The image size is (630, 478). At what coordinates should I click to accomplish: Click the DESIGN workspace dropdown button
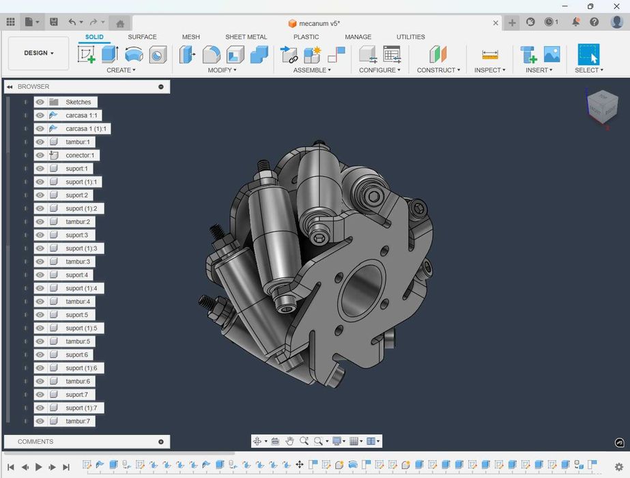pos(39,53)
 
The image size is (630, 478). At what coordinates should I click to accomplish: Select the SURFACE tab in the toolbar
pos(142,37)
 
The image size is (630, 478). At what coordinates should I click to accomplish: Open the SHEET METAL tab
pos(246,37)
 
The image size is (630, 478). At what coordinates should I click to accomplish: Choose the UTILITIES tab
pos(410,37)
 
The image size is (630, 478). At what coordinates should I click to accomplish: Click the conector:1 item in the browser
pos(80,155)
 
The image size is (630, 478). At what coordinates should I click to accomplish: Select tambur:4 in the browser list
pos(78,301)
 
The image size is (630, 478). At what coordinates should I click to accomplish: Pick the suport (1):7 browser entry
pos(81,408)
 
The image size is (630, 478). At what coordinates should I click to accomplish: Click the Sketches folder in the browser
pos(78,102)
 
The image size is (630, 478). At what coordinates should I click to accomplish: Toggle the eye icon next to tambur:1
pos(40,142)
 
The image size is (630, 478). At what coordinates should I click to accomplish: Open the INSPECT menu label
pos(489,70)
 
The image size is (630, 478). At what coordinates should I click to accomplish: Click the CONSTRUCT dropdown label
pos(438,70)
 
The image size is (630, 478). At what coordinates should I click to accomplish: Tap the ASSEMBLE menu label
pos(312,70)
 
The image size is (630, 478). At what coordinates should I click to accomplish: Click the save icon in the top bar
pos(54,22)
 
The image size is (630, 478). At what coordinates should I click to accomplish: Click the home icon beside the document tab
pos(120,23)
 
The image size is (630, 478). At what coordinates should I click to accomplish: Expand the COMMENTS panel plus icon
pos(161,442)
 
